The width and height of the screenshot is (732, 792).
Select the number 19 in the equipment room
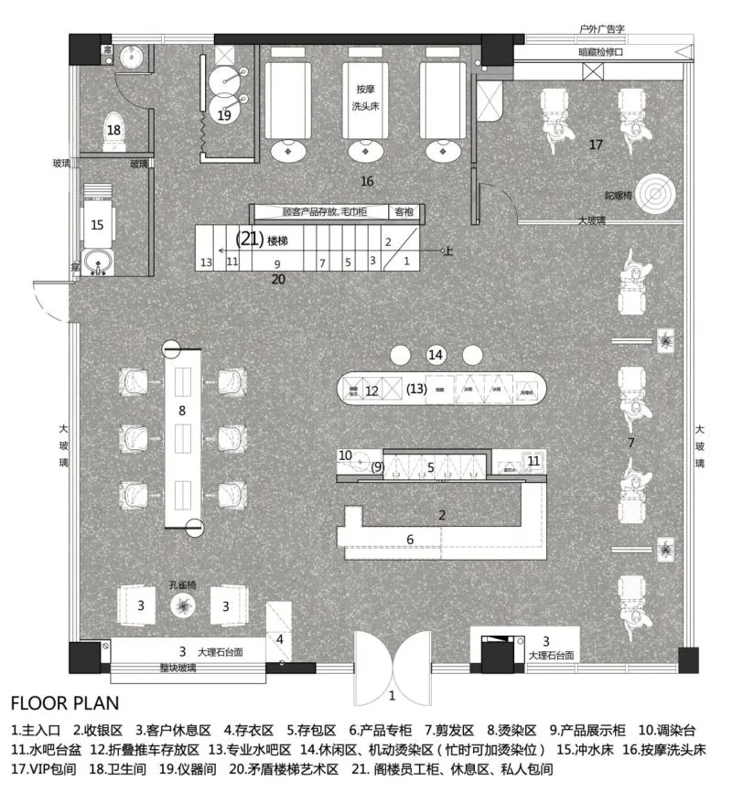pos(224,115)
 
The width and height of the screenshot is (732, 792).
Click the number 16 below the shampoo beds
pos(367,182)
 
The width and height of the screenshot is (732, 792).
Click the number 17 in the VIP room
pos(596,144)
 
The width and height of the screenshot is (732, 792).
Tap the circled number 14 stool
pos(436,355)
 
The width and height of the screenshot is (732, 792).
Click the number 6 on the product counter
pos(410,540)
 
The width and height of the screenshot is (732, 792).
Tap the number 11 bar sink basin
pos(533,461)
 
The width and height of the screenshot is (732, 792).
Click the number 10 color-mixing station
pos(346,455)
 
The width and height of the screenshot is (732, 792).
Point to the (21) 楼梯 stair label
pos(263,240)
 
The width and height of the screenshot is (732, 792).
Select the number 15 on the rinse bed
pos(98,223)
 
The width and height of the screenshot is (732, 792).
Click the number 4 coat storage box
pos(280,639)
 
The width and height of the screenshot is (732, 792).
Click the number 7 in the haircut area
pos(630,443)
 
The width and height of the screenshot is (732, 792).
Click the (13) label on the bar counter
pos(416,390)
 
